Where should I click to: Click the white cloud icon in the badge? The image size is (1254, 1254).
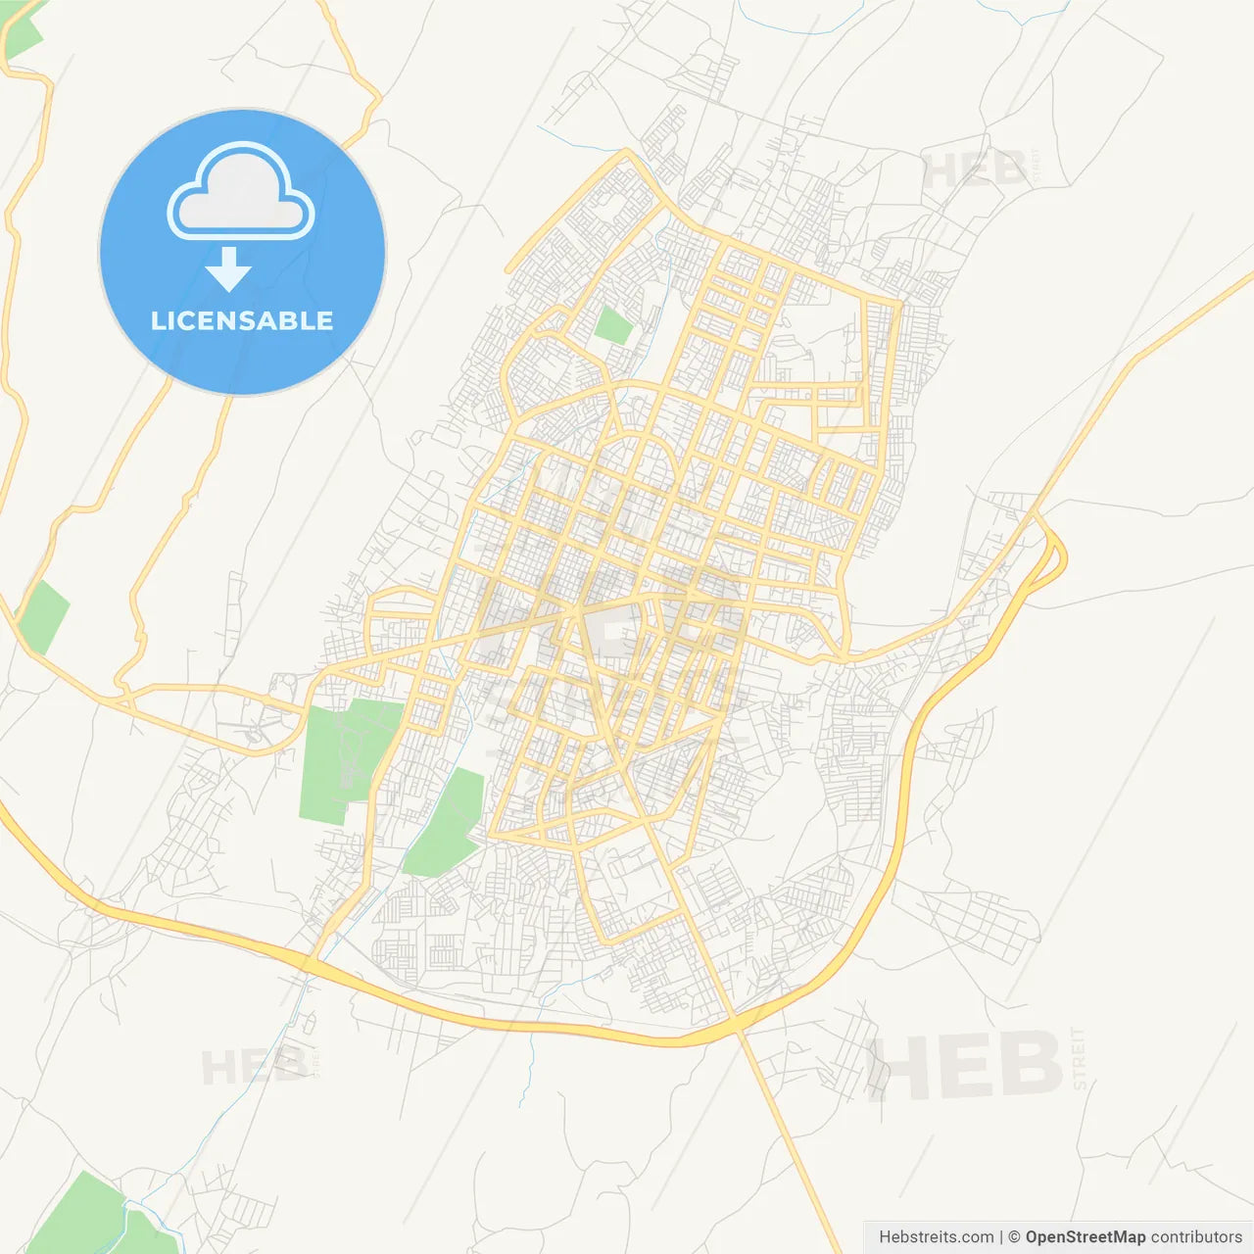(x=241, y=192)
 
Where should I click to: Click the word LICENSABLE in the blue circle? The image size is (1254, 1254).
(x=242, y=320)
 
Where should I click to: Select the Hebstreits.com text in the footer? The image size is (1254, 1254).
(x=936, y=1237)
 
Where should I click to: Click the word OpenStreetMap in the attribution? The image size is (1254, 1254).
(x=1085, y=1237)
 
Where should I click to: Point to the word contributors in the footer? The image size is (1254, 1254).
(x=1196, y=1237)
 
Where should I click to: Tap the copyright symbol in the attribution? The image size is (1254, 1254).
(x=1014, y=1237)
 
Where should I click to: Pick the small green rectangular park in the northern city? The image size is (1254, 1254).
(x=614, y=325)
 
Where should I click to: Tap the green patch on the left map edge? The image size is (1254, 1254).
(x=43, y=617)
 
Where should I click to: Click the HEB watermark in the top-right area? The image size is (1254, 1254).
(x=975, y=171)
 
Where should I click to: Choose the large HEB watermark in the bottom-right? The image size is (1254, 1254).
(x=965, y=1066)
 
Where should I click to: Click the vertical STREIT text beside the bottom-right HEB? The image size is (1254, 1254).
(x=1080, y=1058)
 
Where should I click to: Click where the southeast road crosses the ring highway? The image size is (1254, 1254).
(x=737, y=1024)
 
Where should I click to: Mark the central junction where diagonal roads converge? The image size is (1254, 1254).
(x=578, y=609)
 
